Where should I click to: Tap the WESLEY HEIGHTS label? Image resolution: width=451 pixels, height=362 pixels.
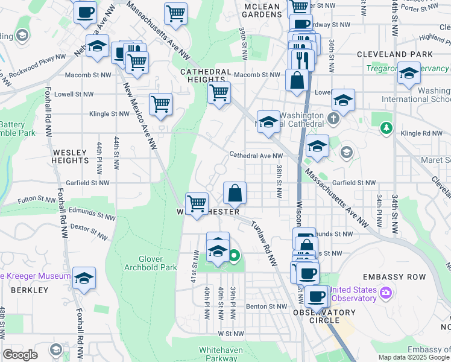71,157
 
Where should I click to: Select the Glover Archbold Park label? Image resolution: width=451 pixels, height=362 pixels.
150,263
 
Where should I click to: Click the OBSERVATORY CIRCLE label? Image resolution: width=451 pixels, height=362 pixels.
324,316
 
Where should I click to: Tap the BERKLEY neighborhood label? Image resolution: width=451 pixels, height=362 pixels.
30,290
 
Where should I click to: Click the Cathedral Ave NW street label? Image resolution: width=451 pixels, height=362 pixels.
251,155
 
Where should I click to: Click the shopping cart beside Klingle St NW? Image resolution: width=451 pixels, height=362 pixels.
160,104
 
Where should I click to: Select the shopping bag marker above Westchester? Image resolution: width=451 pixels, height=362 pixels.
235,193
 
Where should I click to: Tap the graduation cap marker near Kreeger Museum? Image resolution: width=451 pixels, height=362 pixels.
84,278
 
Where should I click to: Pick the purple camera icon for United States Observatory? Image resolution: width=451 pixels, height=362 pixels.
386,294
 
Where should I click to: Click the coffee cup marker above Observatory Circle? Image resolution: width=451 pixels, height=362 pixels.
317,296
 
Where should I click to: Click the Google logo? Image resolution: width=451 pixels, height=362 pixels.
20,355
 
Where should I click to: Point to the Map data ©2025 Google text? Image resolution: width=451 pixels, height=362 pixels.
413,357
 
